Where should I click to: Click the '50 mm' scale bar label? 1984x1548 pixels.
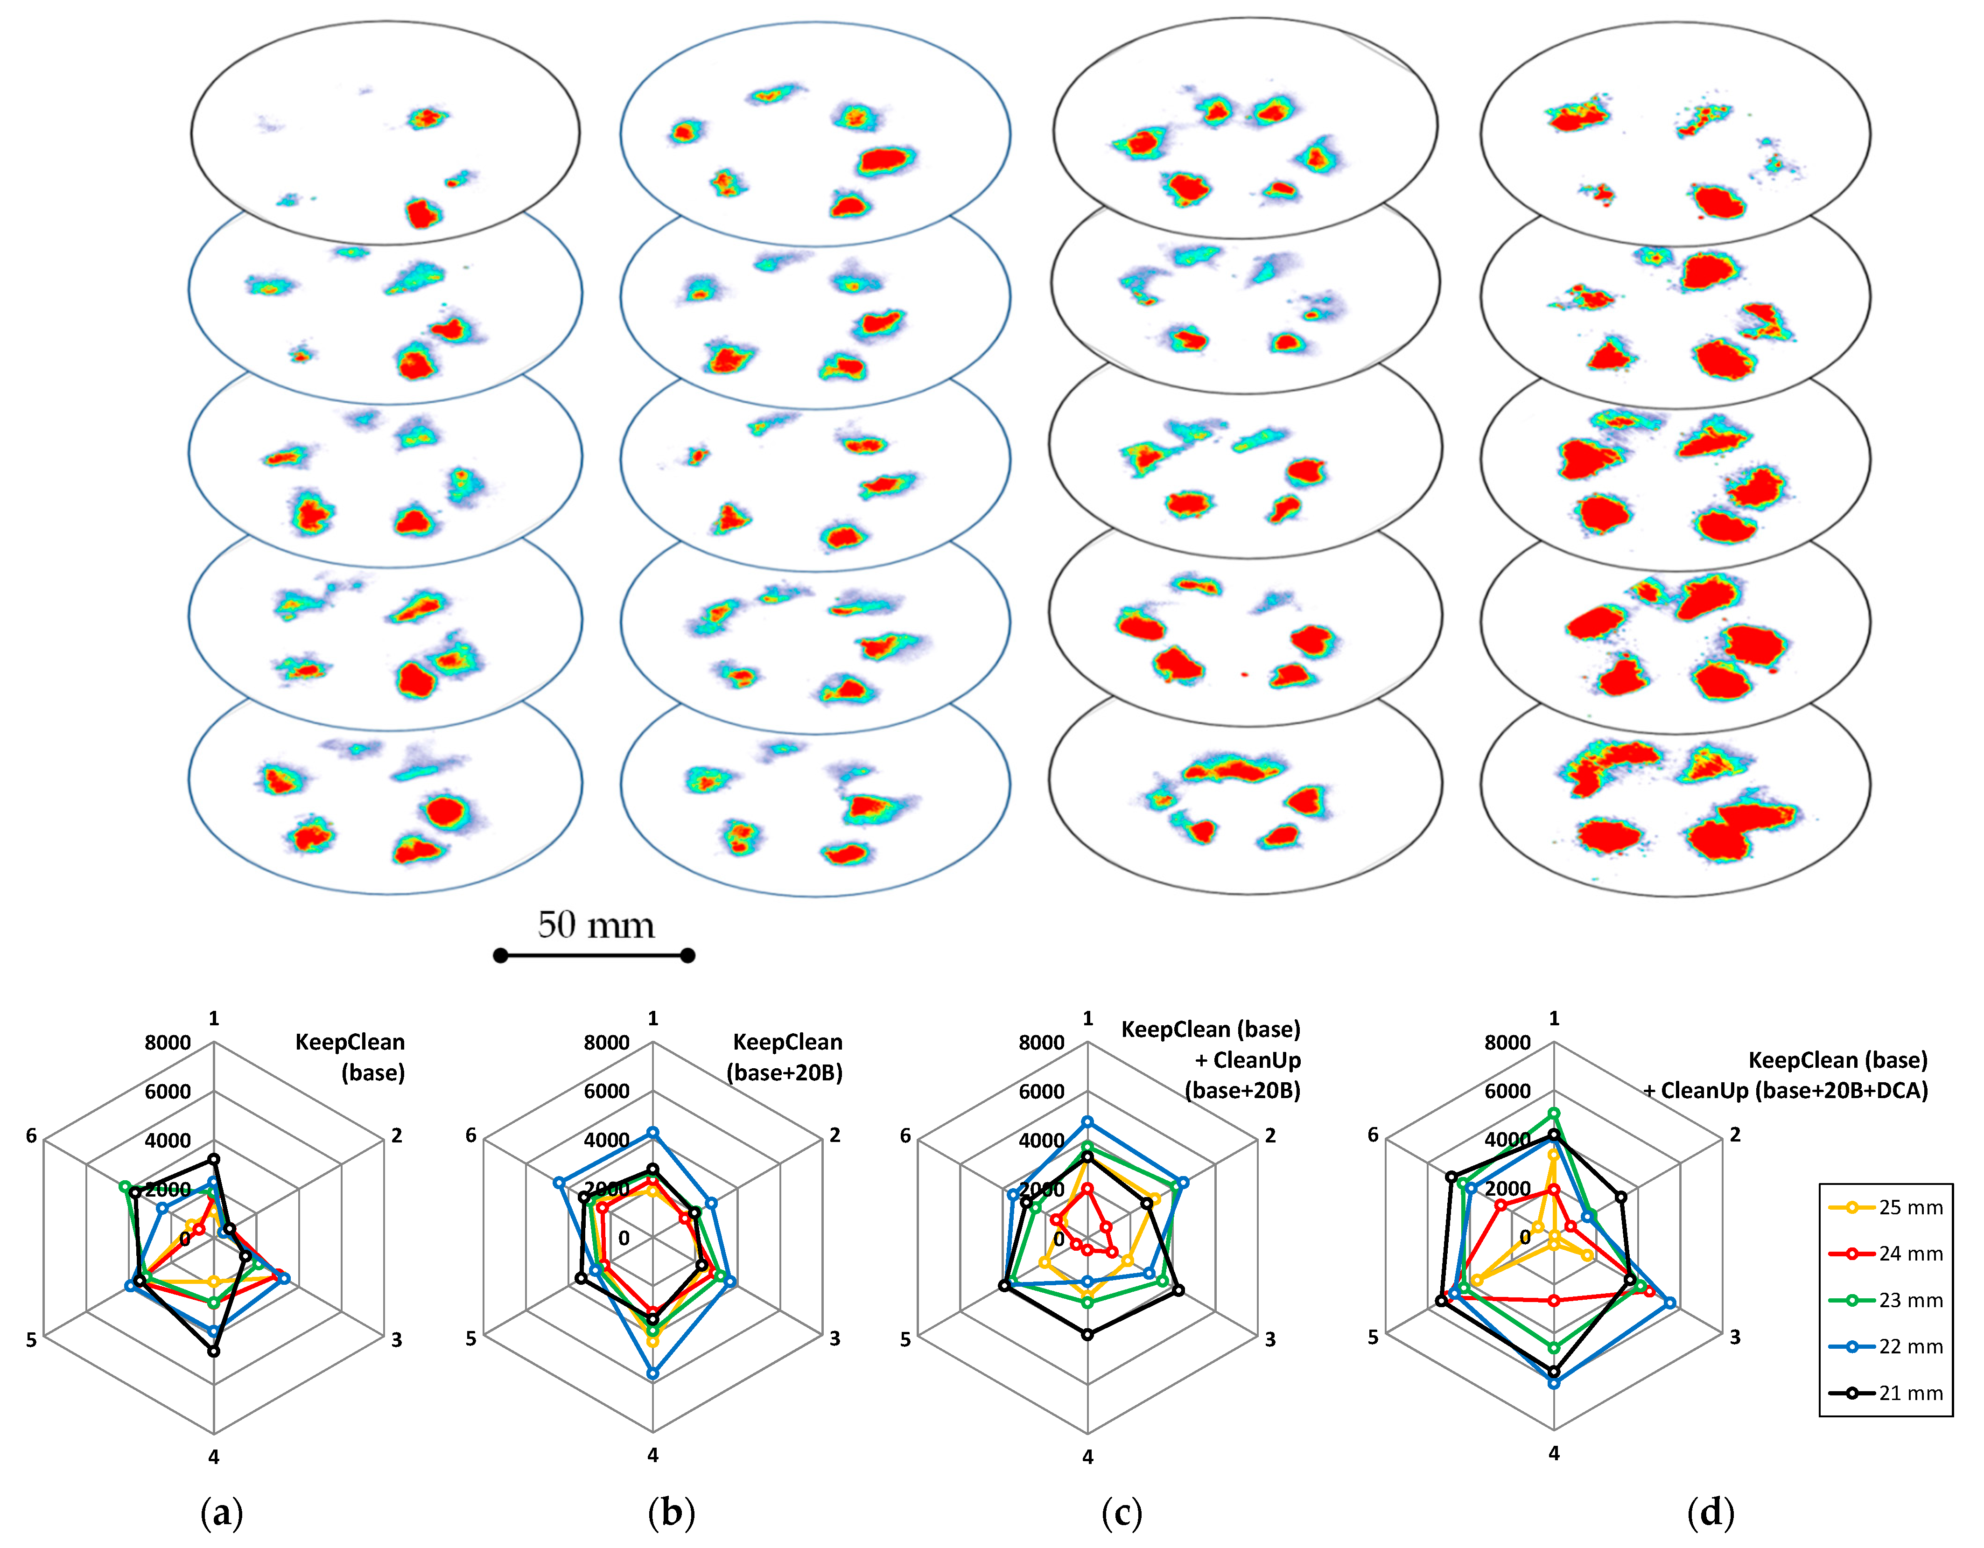click(x=595, y=925)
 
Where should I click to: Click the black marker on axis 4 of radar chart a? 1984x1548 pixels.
click(x=213, y=1351)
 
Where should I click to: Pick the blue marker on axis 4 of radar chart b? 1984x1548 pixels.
click(x=652, y=1373)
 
